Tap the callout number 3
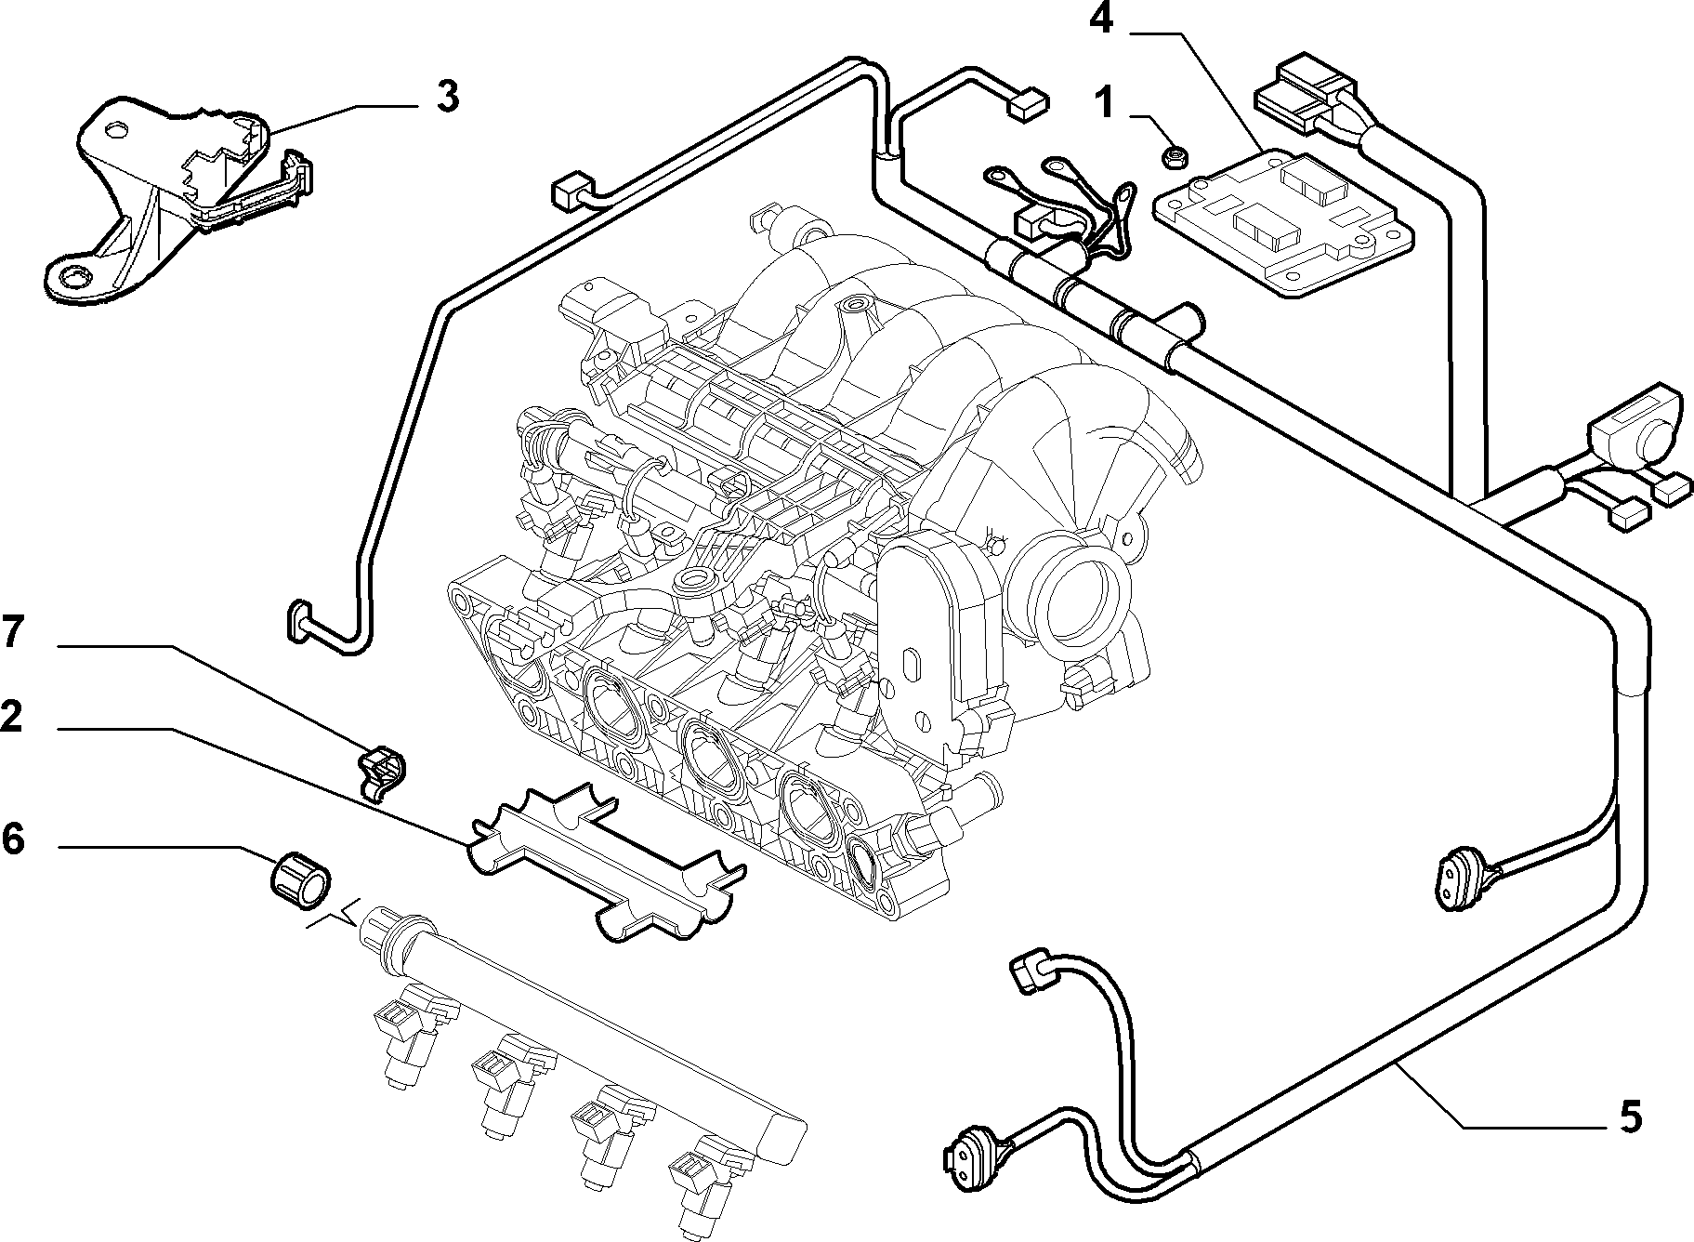[447, 97]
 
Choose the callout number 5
[1630, 1116]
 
